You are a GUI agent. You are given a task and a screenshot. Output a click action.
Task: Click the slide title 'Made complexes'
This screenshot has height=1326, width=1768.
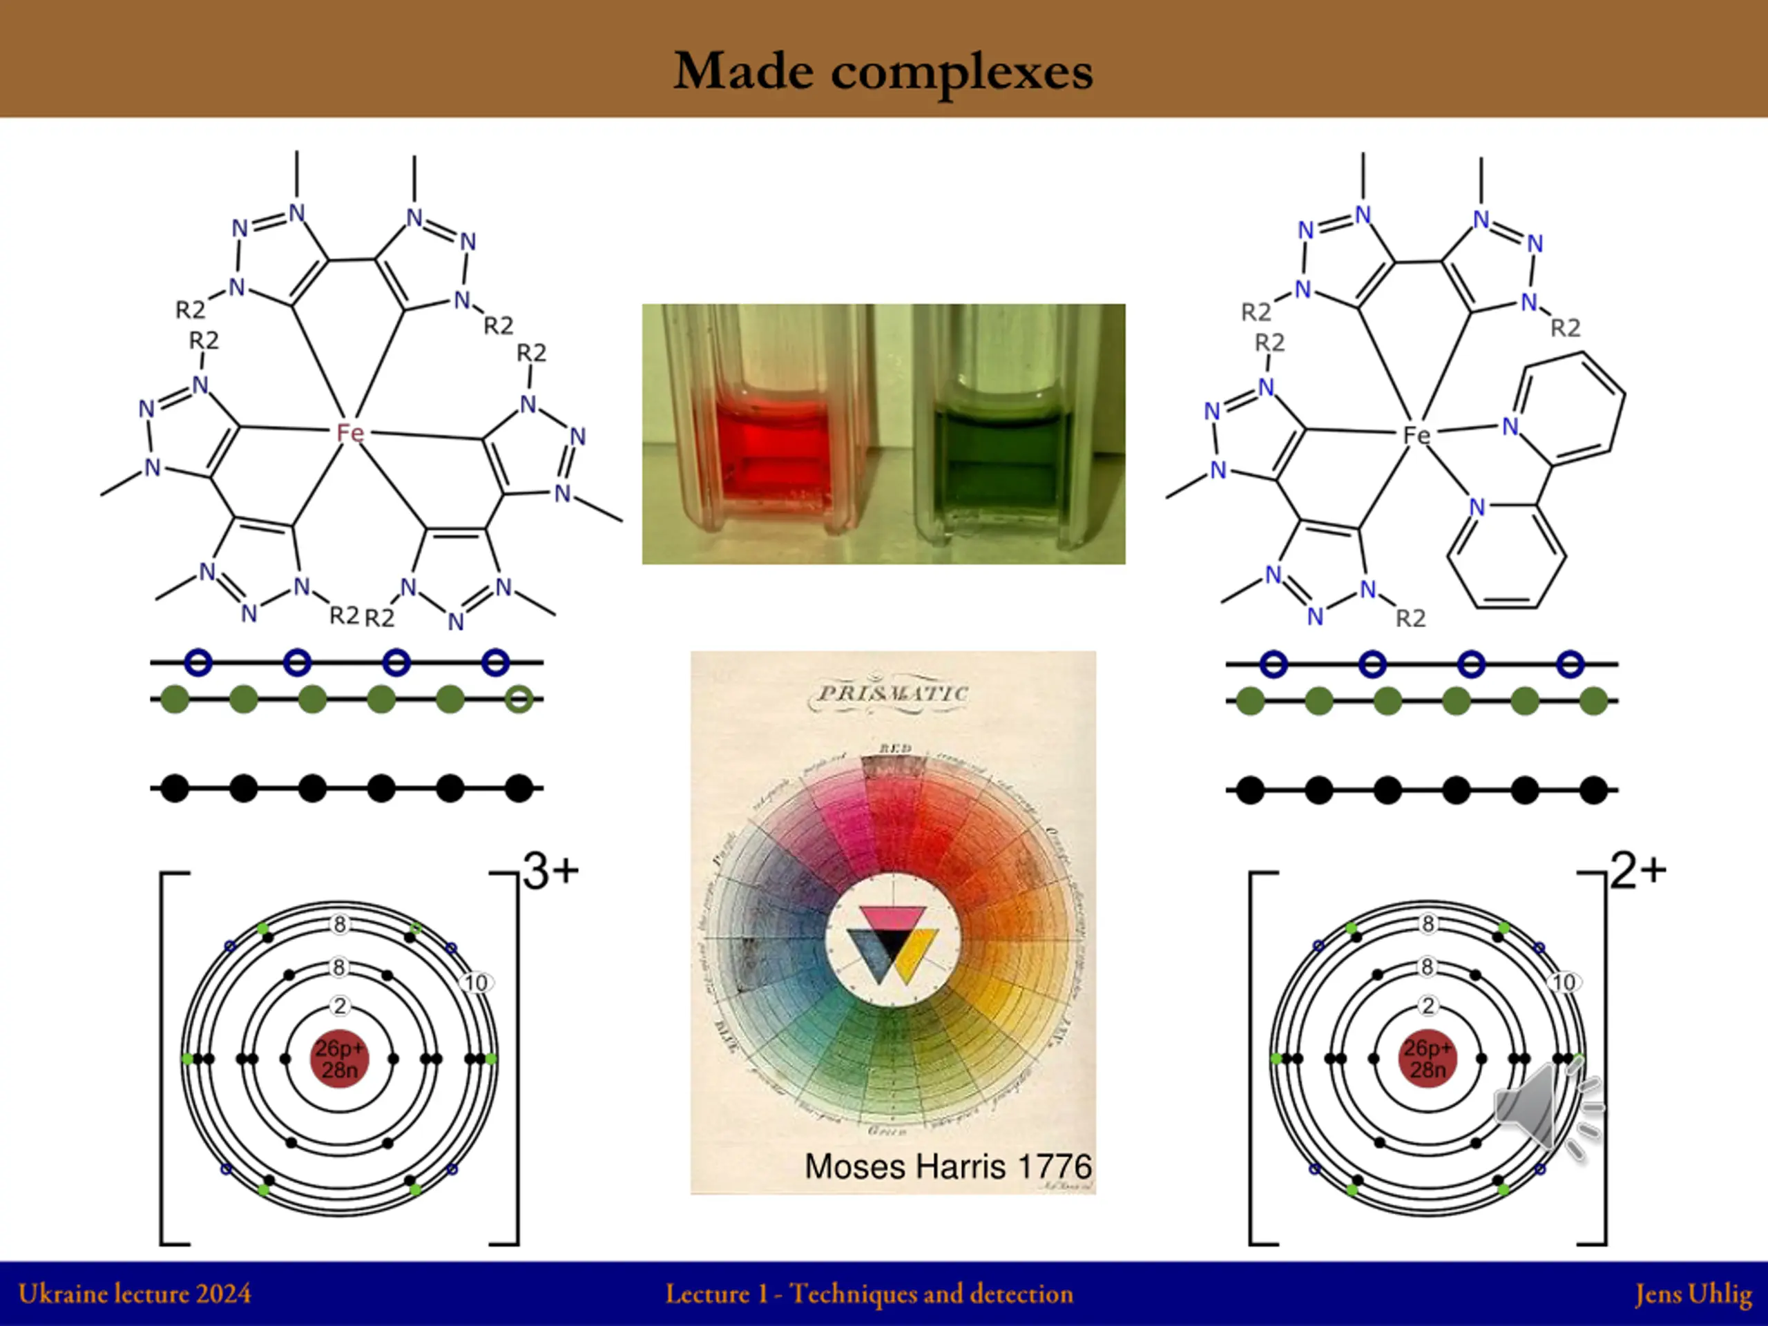883,72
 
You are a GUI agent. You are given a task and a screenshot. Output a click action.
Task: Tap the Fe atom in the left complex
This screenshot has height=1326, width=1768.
350,432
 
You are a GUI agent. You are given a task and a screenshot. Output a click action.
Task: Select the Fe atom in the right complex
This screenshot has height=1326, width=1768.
1416,435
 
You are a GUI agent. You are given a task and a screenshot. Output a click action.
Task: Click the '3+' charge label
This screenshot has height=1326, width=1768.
550,870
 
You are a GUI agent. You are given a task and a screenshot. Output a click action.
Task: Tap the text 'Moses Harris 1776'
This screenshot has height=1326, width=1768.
948,1166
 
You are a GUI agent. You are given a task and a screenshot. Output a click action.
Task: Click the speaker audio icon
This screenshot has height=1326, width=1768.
1539,1107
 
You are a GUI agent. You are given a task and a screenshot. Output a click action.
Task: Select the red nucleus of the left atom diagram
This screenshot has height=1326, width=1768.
340,1059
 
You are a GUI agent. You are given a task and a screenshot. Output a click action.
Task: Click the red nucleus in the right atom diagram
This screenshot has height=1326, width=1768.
1428,1059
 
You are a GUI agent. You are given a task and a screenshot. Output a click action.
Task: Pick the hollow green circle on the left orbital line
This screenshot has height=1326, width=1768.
519,700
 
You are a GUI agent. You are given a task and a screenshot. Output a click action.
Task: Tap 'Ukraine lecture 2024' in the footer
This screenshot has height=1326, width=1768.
134,1294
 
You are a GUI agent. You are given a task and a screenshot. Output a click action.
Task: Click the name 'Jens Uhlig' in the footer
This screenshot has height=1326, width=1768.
1693,1294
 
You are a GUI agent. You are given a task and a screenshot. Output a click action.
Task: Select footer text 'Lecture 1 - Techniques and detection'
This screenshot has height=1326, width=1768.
869,1294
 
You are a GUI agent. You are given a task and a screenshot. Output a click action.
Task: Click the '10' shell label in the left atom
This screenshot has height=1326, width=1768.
477,982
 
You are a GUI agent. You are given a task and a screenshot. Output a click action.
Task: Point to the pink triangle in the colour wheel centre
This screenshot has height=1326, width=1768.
892,919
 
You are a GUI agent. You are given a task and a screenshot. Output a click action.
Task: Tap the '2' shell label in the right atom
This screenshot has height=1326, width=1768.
1428,1006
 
